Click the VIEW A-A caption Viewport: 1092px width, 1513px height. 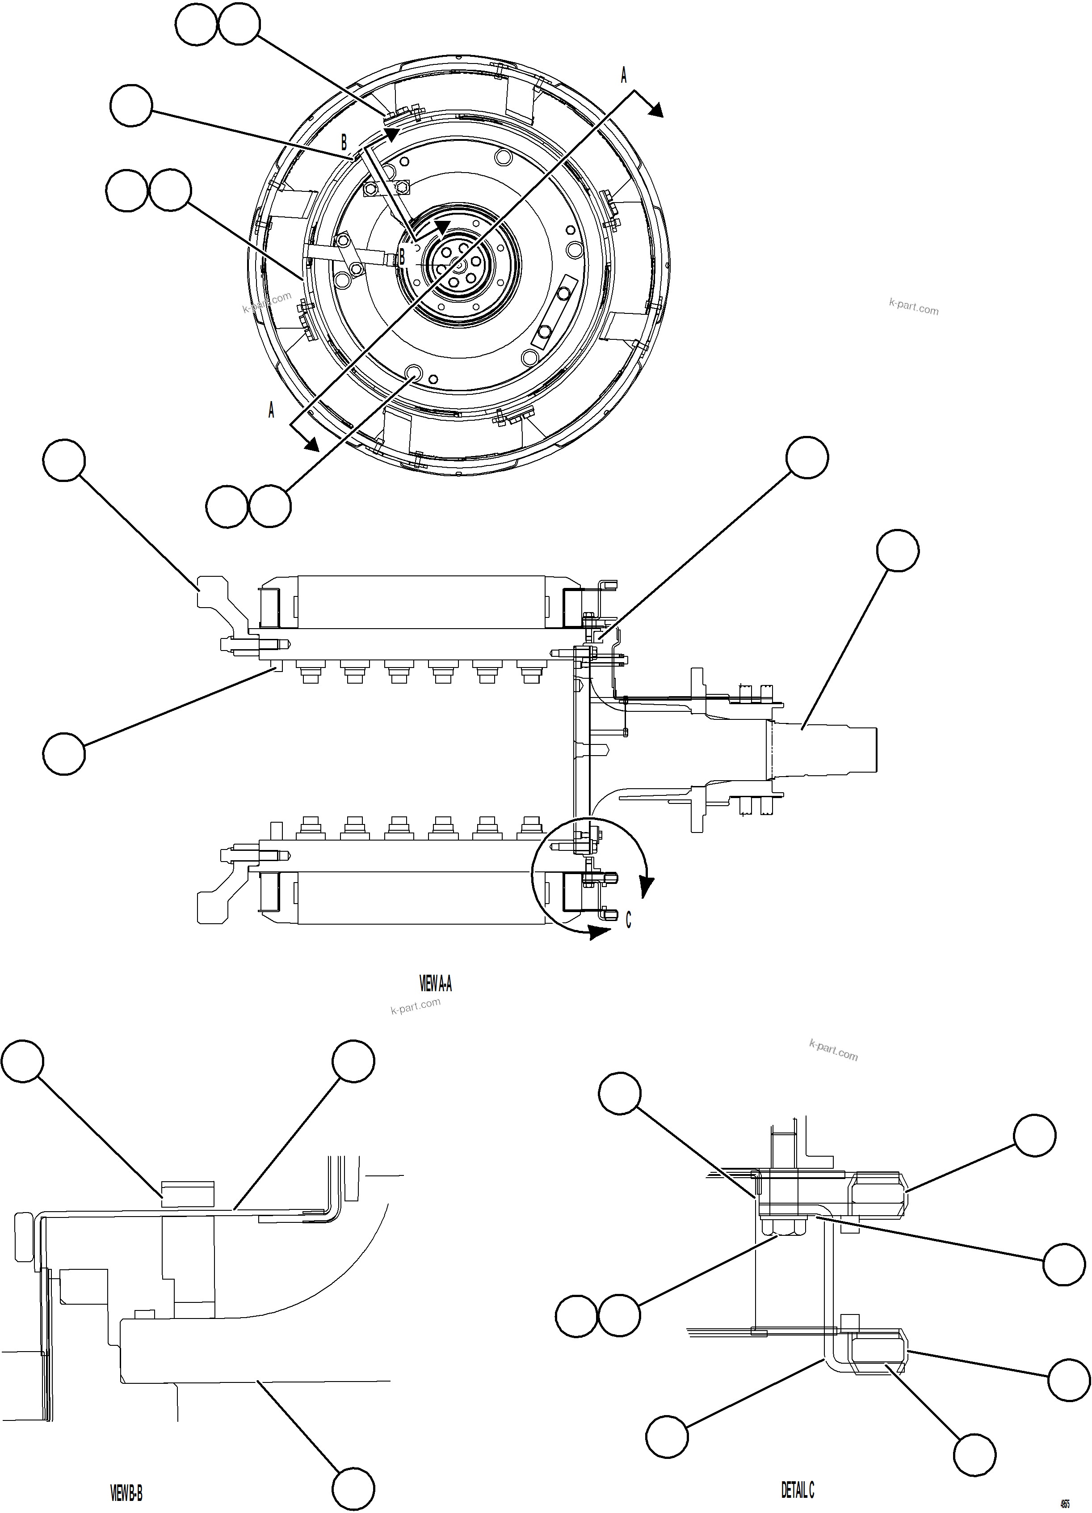435,983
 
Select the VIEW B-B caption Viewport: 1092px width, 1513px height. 126,1493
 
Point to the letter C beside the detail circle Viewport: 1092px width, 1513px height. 628,921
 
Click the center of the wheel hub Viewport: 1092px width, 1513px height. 458,266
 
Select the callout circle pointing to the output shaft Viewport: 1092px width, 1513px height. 897,550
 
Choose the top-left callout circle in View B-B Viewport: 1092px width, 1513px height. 23,1060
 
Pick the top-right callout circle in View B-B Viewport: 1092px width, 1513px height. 353,1060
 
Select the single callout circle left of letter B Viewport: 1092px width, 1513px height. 131,105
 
